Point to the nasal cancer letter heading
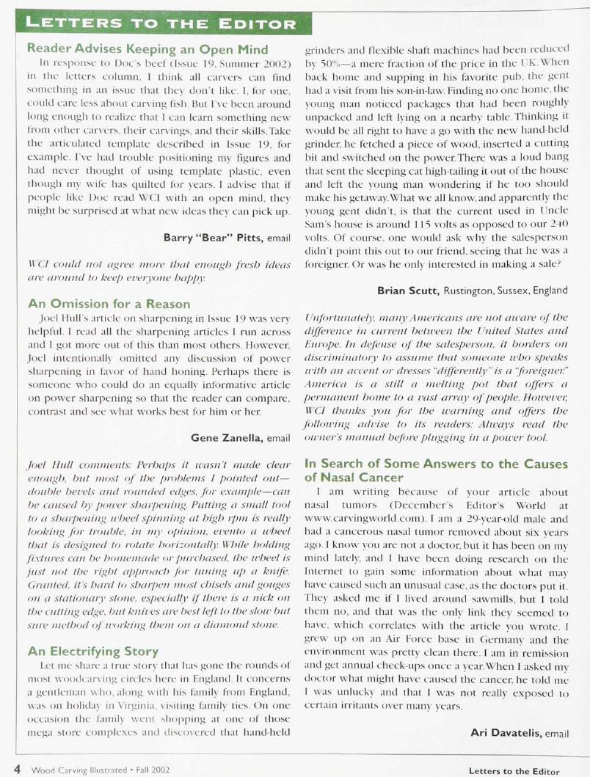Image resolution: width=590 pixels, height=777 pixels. [x=436, y=471]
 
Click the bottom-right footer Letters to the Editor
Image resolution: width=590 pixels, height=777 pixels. [x=514, y=770]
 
